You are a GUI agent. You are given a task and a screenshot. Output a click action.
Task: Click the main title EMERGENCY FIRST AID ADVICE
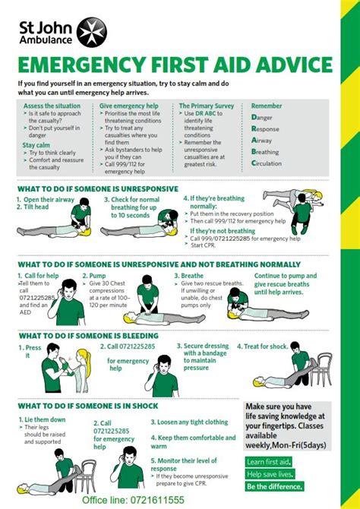[174, 63]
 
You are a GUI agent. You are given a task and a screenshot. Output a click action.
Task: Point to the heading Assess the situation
[52, 106]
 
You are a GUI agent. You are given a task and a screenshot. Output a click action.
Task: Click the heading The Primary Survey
[207, 106]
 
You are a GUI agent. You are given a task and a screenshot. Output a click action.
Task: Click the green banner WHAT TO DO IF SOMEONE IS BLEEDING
[89, 335]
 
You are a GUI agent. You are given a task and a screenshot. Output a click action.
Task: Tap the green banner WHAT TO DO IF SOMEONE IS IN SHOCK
[87, 406]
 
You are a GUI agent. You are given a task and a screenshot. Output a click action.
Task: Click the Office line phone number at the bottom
[133, 500]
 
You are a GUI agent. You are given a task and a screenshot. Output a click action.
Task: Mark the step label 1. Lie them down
[44, 419]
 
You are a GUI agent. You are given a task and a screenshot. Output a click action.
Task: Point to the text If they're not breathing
[222, 231]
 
